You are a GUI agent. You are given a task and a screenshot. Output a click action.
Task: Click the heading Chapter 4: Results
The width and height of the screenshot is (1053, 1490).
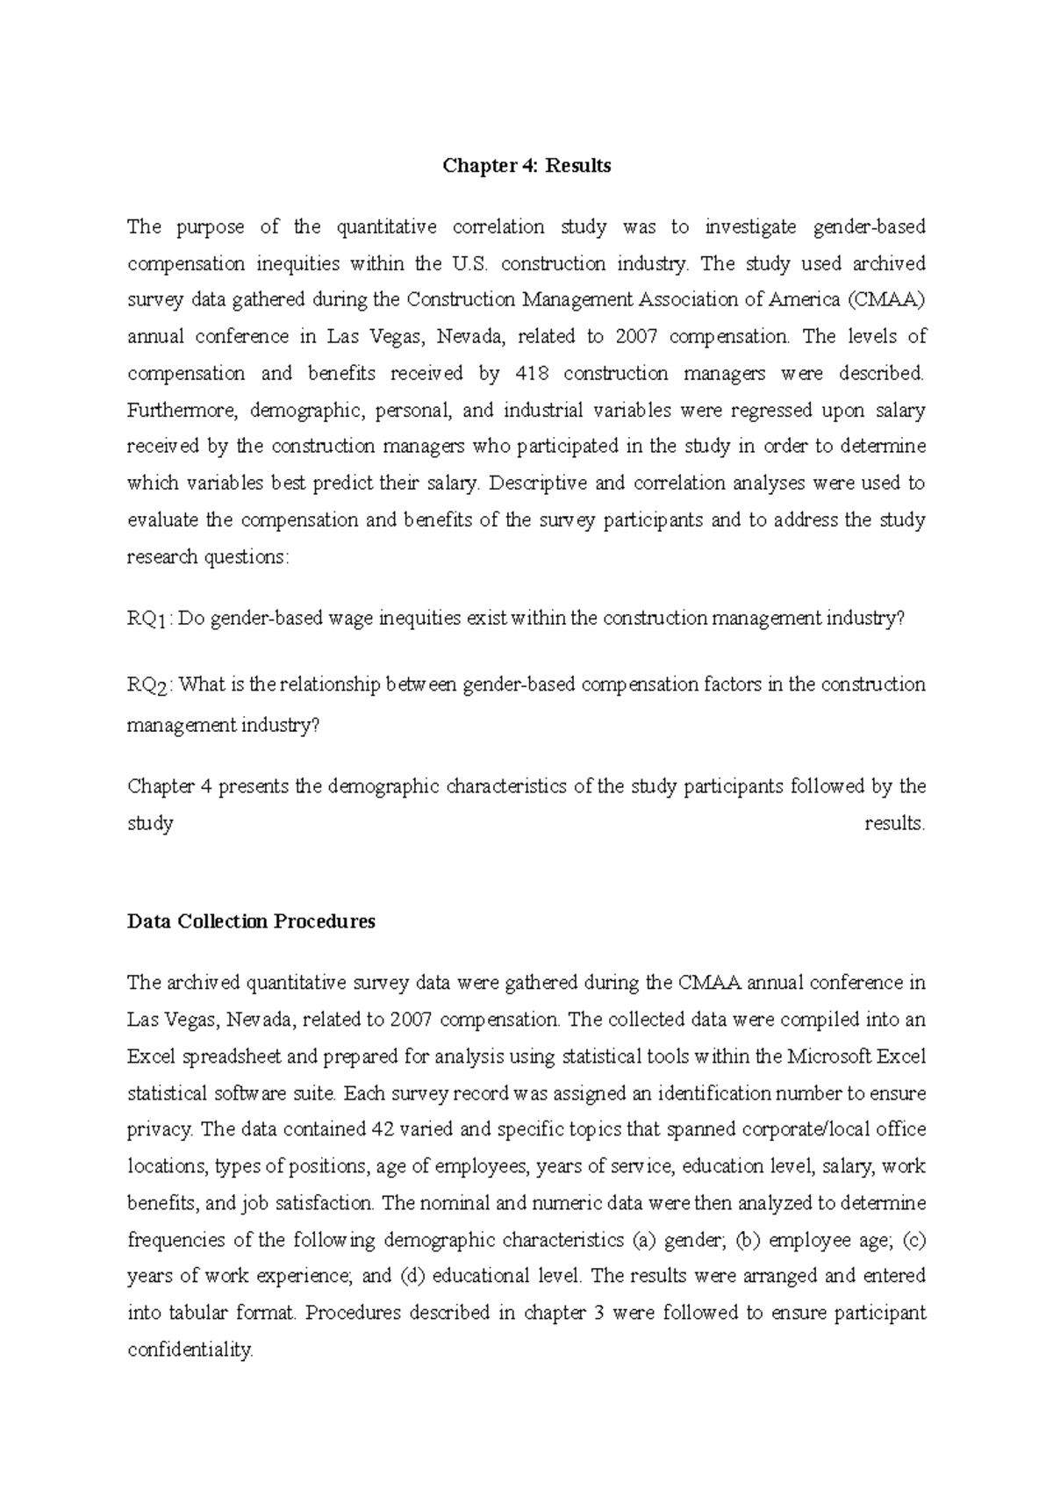coord(526,166)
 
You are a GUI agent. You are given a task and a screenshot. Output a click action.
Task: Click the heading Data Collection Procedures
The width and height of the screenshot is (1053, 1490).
coord(251,921)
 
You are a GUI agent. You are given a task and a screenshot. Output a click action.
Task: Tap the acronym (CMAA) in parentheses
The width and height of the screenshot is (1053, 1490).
coord(886,300)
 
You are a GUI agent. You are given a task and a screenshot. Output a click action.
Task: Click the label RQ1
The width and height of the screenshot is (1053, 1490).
coord(147,620)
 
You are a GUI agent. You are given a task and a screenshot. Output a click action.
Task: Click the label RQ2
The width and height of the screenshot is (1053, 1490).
coord(147,685)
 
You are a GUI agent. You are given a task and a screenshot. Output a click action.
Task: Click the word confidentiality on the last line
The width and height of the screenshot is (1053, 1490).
coord(190,1350)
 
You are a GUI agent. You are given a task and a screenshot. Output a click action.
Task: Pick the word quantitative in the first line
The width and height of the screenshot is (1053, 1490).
coord(386,227)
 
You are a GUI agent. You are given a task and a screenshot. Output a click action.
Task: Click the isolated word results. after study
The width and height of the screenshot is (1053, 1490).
coord(894,824)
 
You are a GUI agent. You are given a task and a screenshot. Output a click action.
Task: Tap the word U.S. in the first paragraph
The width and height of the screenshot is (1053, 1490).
coord(467,264)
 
